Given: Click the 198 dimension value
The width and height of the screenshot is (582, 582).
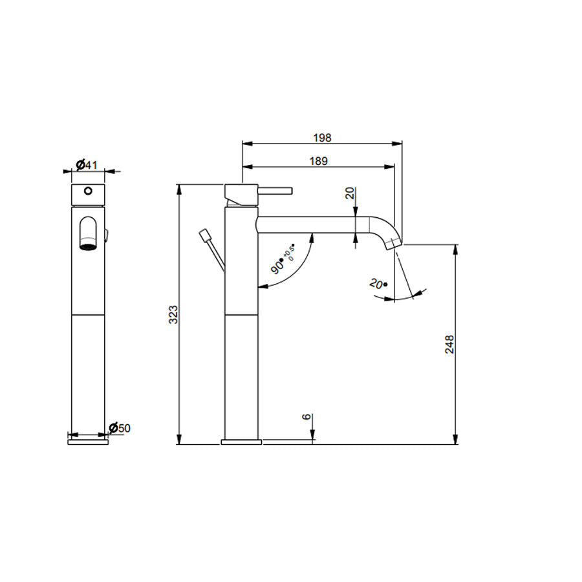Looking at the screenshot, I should click(321, 137).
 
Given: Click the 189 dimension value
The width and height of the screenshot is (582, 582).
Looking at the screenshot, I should click(319, 161).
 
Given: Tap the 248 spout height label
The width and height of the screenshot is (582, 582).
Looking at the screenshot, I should click(450, 343).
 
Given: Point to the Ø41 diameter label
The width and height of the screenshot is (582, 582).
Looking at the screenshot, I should click(87, 165).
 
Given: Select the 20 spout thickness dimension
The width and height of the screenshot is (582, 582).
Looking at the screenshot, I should click(350, 192).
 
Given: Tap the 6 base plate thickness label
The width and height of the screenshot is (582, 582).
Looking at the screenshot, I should click(306, 418).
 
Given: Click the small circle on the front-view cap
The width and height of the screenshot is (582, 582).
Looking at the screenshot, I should click(87, 191).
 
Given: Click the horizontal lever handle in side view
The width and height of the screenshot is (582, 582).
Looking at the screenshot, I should click(277, 190).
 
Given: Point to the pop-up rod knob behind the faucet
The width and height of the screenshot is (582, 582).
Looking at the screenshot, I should click(206, 234).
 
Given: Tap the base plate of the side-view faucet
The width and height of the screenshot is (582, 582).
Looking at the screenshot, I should click(242, 442).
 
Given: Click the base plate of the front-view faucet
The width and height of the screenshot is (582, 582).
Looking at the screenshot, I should click(87, 442).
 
